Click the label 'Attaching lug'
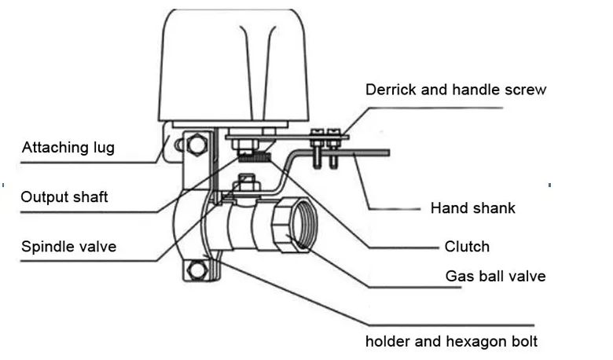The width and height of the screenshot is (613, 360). coord(68,147)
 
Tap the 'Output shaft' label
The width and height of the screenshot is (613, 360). coord(64,197)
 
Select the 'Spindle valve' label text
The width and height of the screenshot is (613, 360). coord(68,247)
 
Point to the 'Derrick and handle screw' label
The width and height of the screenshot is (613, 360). coord(456,90)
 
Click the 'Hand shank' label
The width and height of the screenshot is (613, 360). coord(473,208)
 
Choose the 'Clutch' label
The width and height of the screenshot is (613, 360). coord(467,247)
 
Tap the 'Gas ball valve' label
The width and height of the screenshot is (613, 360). coord(495,276)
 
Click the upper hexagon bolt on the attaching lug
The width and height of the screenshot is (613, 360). coord(197,144)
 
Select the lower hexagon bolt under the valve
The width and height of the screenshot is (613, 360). coord(197,270)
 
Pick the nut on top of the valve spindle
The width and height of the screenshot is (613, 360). coord(248,186)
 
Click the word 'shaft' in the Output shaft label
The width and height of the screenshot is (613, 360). coord(90,197)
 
